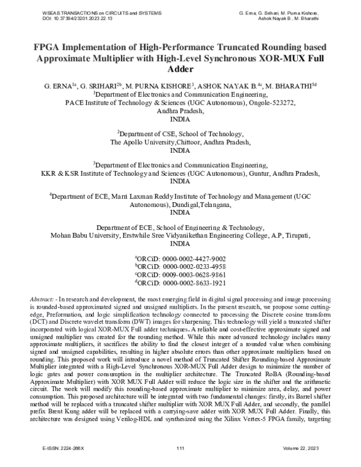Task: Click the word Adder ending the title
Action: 180,70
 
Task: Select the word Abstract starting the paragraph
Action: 41,299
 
